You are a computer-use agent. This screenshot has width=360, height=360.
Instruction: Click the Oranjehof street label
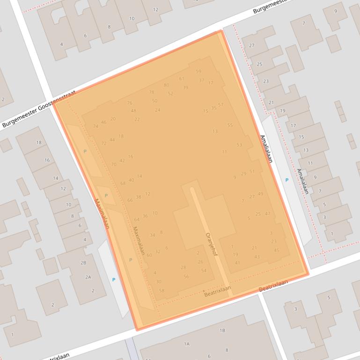pos(212,245)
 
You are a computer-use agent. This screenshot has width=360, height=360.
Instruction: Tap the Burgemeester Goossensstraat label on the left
pos(38,109)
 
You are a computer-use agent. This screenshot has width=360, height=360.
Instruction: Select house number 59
pos(198,72)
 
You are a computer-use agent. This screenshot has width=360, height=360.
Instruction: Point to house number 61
pos(182,79)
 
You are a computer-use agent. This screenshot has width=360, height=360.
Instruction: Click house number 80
pos(166,85)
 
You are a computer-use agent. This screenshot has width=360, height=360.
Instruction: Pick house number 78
pos(151,93)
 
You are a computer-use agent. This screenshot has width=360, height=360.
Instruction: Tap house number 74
pos(96,126)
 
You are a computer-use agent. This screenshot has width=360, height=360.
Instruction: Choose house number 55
pos(230,125)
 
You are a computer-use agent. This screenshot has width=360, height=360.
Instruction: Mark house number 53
pos(239,145)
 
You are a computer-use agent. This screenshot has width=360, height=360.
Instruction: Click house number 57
pos(221,105)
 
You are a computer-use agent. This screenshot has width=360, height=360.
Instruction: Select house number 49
pos(260,194)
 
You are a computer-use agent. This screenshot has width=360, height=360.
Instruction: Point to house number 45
pos(276,250)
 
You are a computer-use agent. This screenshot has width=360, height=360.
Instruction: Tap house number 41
pos(237,263)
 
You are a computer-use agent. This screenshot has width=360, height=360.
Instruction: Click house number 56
pos(186,277)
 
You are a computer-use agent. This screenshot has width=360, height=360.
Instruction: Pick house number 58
pos(162,290)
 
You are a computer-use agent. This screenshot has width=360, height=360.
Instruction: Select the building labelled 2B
pos(83,263)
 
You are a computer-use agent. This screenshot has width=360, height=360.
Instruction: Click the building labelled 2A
pos(88,277)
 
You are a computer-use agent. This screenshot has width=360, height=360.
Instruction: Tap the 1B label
pos(222,331)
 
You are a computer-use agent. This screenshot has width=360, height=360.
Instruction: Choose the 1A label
pos(186,344)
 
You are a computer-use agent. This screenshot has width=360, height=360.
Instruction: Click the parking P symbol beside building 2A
pos(113,280)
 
